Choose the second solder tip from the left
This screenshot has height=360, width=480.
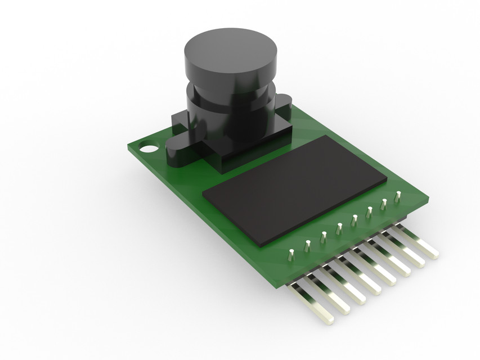(x=308, y=245)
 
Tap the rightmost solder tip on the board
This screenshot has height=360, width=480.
(x=397, y=196)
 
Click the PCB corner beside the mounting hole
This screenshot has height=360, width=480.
(x=130, y=147)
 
